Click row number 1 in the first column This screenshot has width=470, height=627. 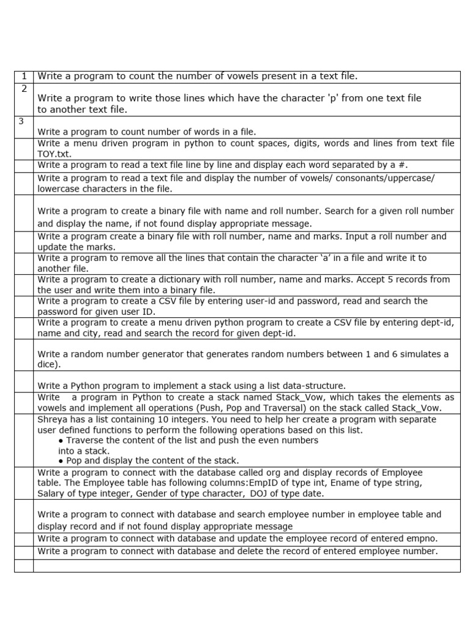pos(23,77)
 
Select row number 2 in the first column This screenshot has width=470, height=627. pos(23,89)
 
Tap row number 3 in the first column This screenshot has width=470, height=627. pos(21,121)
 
